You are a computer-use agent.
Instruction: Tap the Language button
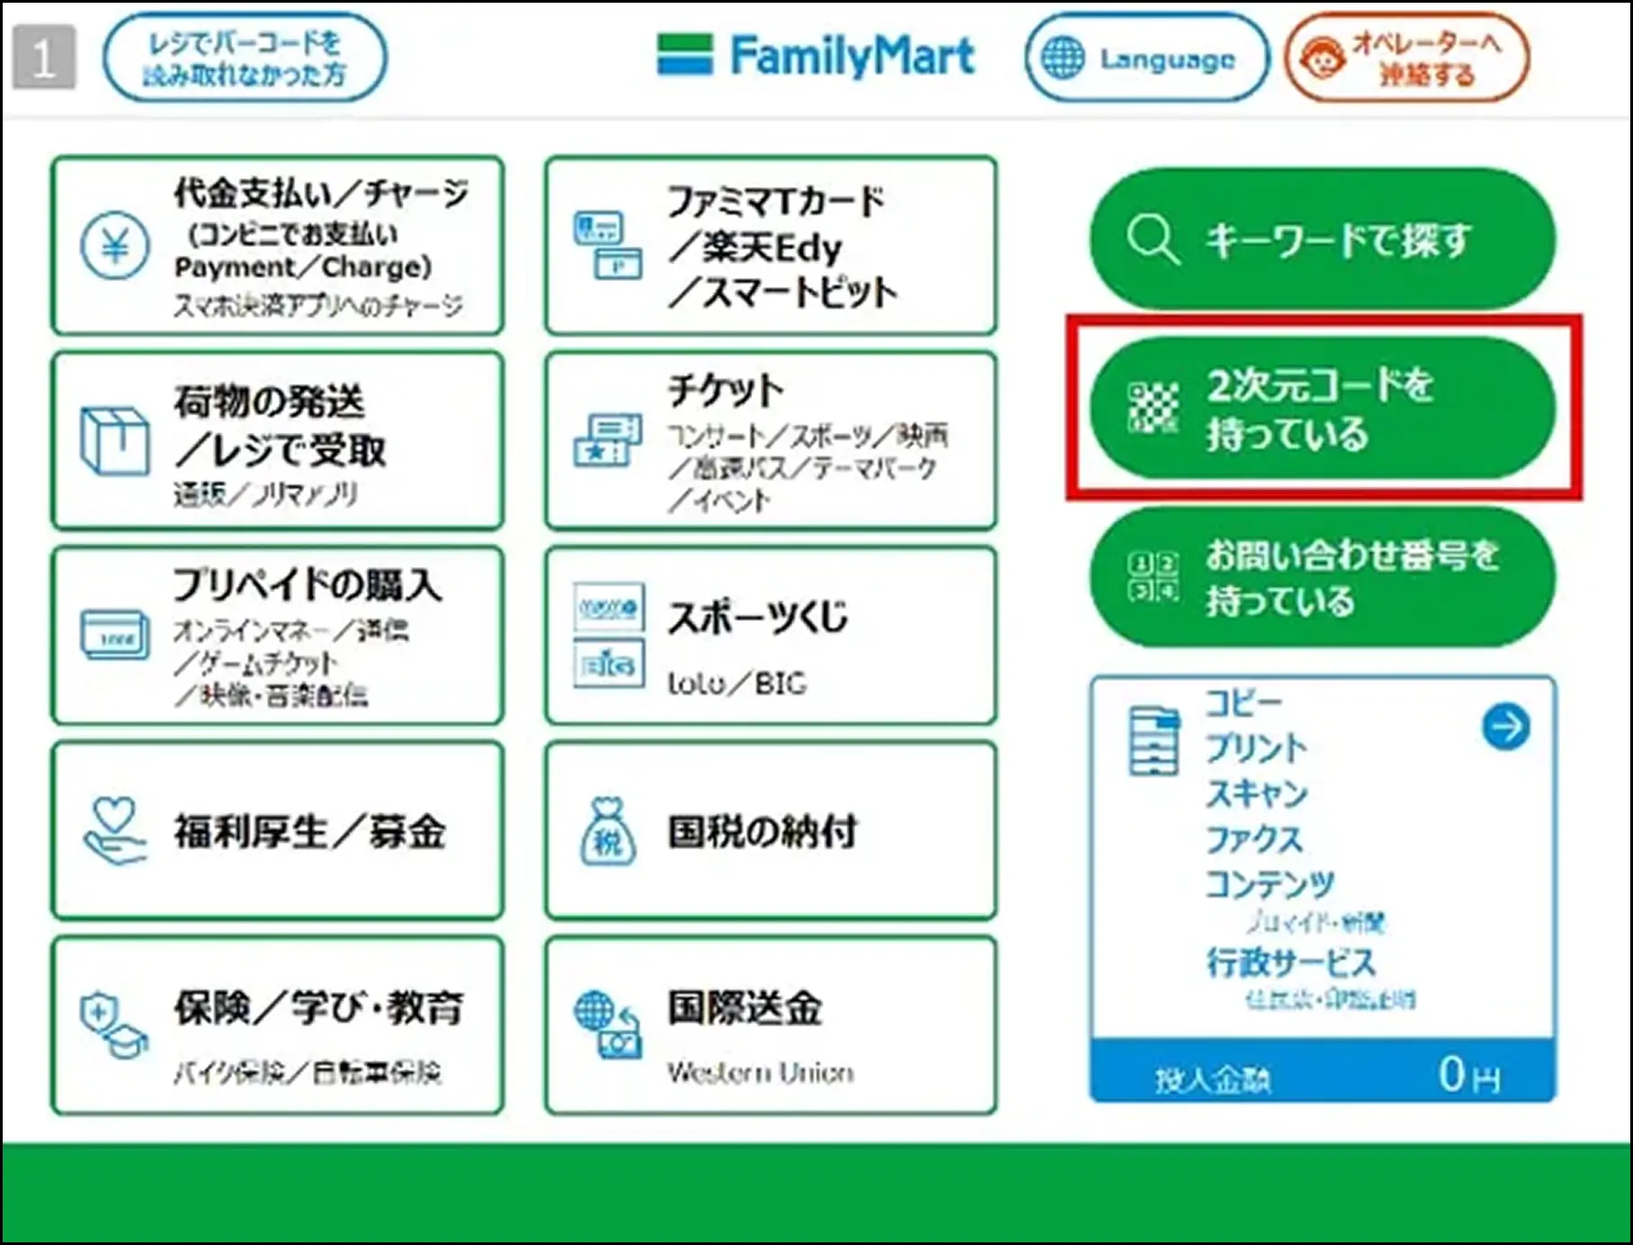tap(1146, 59)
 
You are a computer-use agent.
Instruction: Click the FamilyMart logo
tap(816, 56)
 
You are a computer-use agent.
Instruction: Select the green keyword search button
tap(1322, 239)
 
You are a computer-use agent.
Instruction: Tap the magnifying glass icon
tap(1151, 239)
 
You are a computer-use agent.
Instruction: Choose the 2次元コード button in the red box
tap(1322, 408)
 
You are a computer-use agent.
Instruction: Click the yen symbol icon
tap(115, 246)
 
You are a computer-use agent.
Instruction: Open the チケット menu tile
tap(770, 440)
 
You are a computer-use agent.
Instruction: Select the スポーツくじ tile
tap(770, 636)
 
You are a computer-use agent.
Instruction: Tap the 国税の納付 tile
tap(770, 830)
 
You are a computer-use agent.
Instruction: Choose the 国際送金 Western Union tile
tap(770, 1025)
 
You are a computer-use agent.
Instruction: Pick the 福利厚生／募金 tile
tap(277, 830)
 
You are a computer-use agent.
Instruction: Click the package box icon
tap(114, 440)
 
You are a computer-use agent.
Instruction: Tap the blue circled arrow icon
tap(1505, 726)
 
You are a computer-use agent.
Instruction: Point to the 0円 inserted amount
tap(1467, 1074)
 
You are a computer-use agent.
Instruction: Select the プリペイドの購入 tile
tap(277, 636)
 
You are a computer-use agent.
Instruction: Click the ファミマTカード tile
tap(770, 246)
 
